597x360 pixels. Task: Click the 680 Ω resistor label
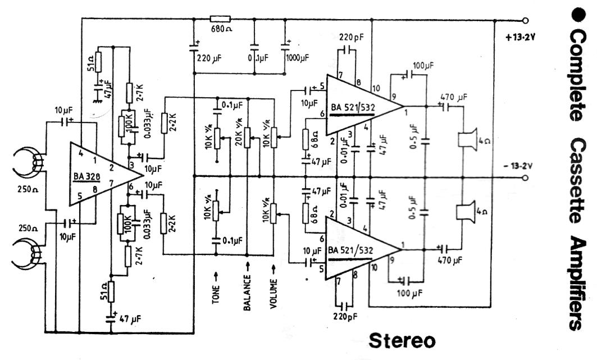[221, 29]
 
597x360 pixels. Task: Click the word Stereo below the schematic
[402, 341]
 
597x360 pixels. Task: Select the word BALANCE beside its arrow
[247, 291]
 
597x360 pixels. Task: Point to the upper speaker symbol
[468, 139]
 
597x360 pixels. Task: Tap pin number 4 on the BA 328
[81, 152]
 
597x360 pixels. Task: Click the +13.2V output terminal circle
[526, 20]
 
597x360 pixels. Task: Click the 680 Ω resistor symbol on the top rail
[220, 19]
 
